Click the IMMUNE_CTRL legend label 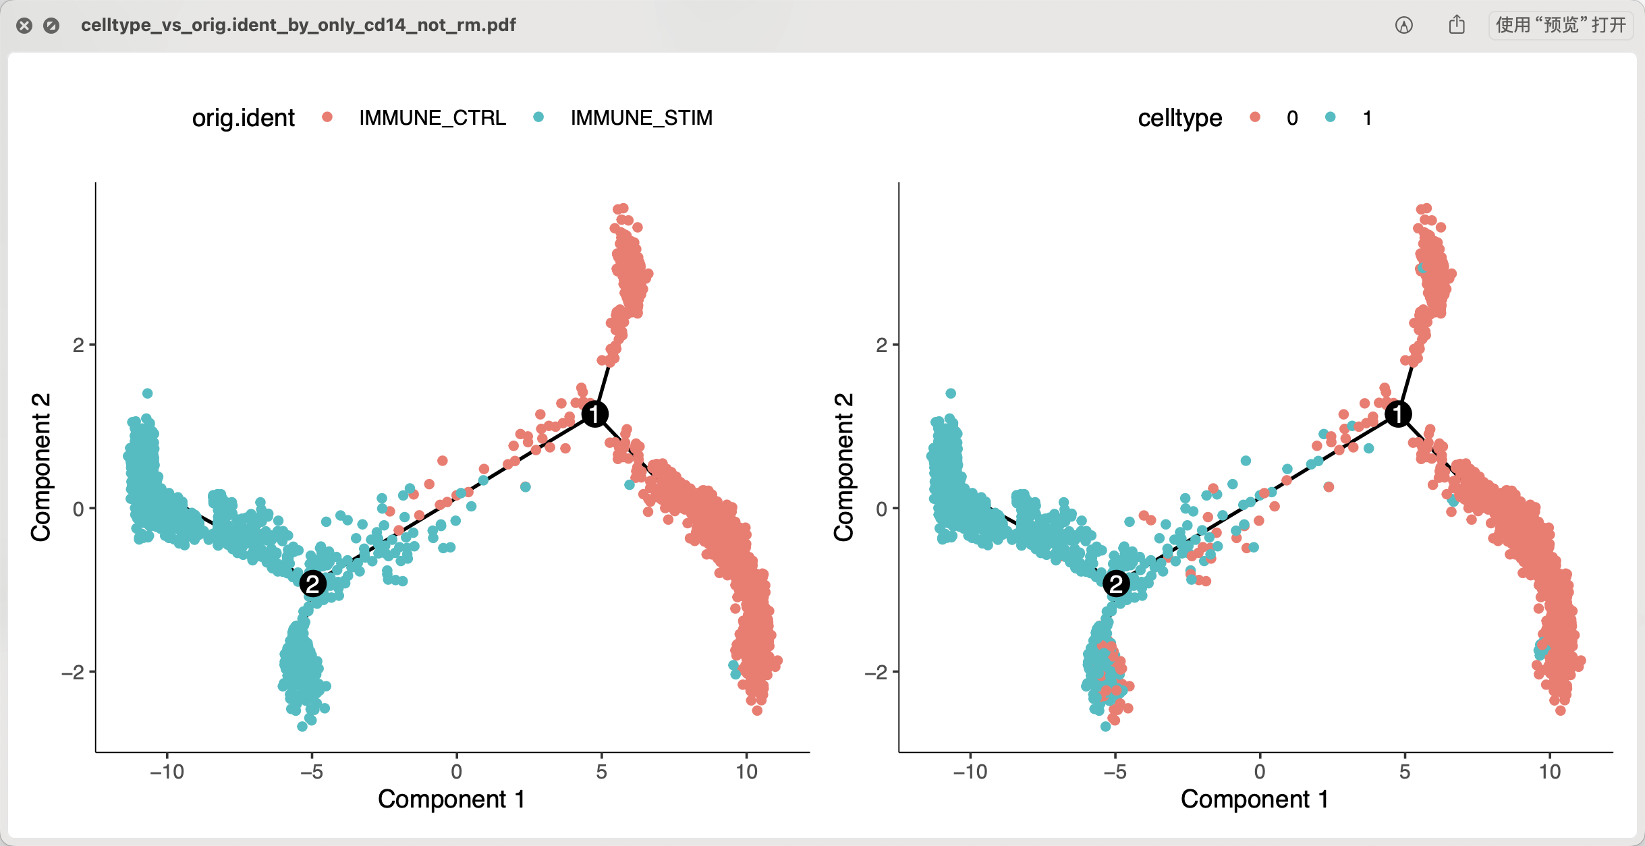432,118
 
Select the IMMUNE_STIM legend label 641,118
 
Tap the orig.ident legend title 243,118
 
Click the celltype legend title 1179,118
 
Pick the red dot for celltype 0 1255,117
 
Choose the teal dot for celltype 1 1330,117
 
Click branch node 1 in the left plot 594,414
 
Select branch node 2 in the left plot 313,584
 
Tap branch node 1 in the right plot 1398,414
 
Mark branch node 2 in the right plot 1117,584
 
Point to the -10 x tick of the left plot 167,771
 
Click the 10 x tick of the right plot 1549,771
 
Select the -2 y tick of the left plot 73,672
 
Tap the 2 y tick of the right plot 881,345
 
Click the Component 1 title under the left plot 451,799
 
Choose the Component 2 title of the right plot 843,467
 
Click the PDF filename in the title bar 298,26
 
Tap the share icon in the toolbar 1457,25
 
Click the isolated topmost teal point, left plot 147,393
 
